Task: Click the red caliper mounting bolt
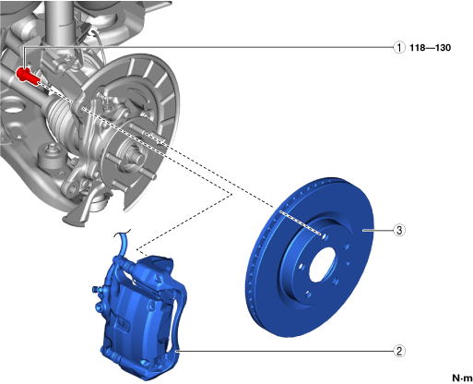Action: pyautogui.click(x=27, y=76)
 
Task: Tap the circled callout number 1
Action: pyautogui.click(x=399, y=48)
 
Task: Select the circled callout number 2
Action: pyautogui.click(x=399, y=351)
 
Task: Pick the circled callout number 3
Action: pyautogui.click(x=399, y=230)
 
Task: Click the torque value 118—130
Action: pyautogui.click(x=431, y=48)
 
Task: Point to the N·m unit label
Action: pyautogui.click(x=462, y=378)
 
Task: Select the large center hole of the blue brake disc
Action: pyautogui.click(x=323, y=264)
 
